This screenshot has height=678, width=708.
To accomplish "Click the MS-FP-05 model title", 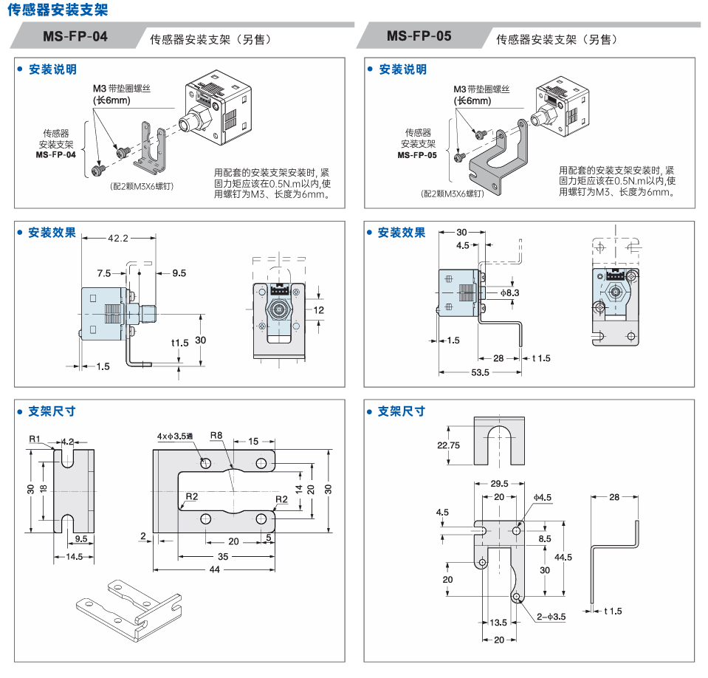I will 419,36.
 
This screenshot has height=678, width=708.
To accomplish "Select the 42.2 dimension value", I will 118,238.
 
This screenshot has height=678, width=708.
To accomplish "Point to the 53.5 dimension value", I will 480,372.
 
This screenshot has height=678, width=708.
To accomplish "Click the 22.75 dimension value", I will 449,445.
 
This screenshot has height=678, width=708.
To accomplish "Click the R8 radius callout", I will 216,436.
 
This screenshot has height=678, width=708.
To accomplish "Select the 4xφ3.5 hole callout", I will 174,436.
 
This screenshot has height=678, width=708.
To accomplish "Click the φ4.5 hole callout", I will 543,497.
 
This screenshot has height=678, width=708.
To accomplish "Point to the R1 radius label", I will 35,439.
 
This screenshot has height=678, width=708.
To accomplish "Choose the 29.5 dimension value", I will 499,483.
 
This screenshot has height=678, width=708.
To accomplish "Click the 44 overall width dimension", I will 214,569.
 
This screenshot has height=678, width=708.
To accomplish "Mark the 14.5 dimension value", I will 74,556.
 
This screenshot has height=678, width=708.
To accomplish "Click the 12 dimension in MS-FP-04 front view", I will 318,309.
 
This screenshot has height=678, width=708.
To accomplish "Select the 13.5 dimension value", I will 499,622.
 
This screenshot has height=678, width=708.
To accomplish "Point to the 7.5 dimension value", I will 103,273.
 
